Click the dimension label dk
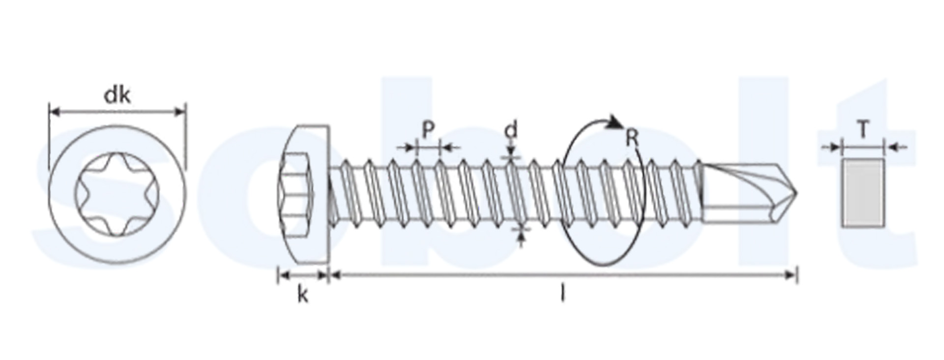(x=118, y=95)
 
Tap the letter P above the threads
(x=428, y=130)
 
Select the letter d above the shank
(x=511, y=130)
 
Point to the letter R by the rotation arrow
(x=632, y=139)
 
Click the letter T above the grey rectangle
(x=862, y=130)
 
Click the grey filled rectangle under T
(x=863, y=193)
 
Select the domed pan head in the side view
(x=303, y=194)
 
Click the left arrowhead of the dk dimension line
(x=55, y=113)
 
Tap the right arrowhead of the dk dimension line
(x=180, y=113)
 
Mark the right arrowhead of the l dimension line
(x=791, y=275)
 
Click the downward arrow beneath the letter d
(x=511, y=150)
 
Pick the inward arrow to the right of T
(x=896, y=147)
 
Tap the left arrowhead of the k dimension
(x=283, y=275)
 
